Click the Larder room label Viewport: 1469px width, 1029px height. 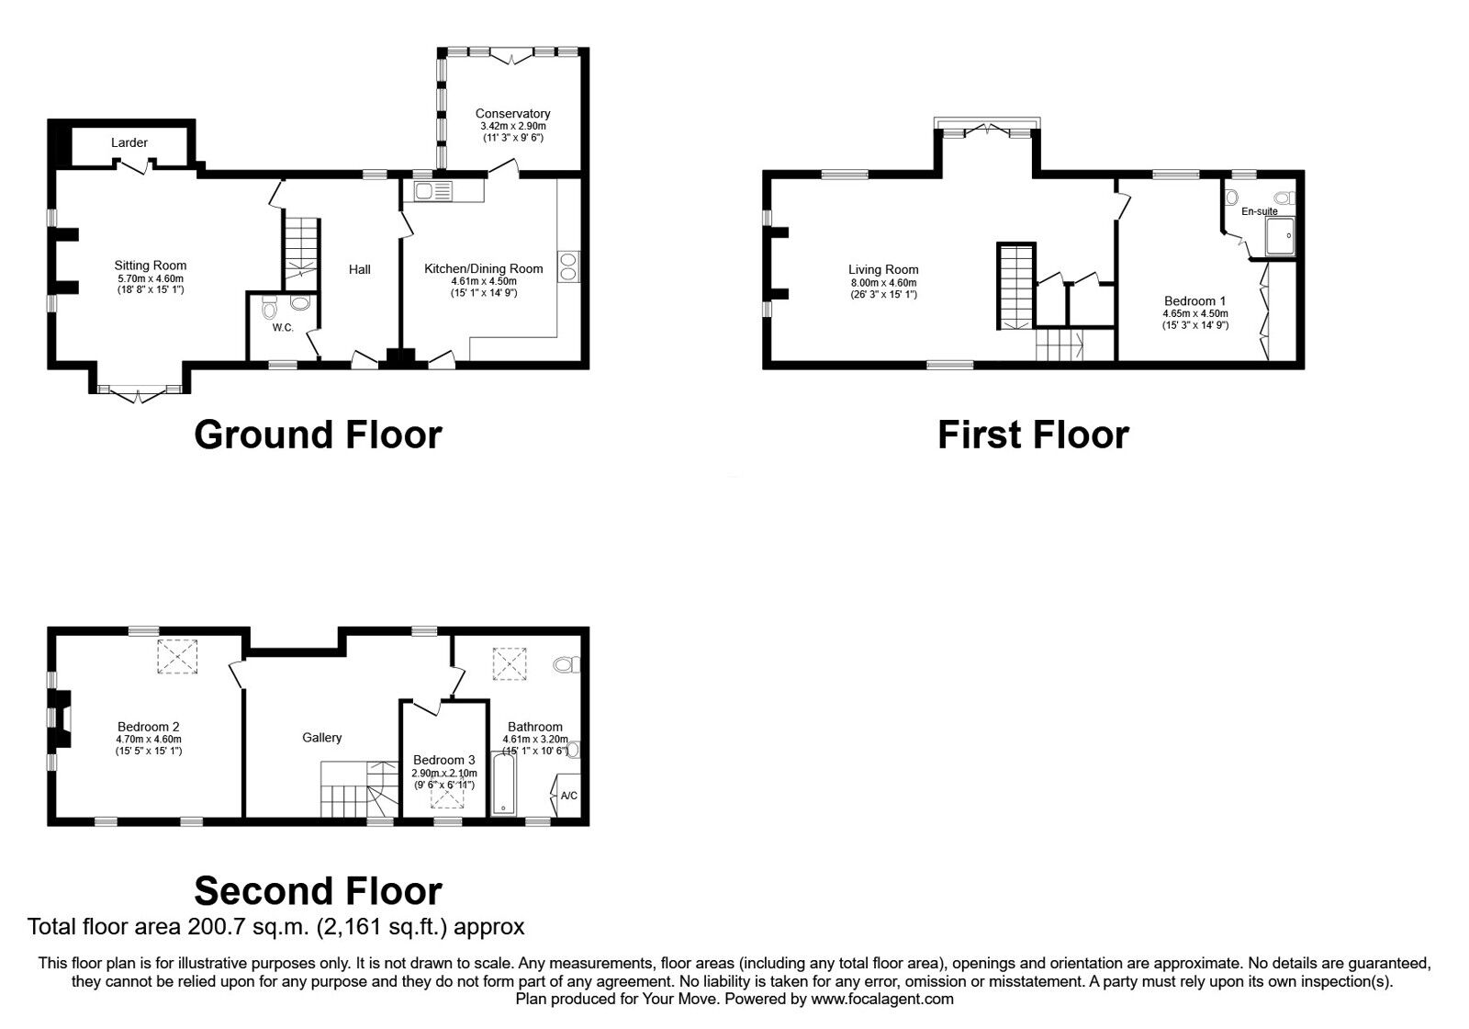pos(129,142)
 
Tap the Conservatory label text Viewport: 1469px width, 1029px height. pos(512,114)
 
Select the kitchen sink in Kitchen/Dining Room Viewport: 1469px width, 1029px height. pos(432,191)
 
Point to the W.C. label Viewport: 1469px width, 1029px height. pos(283,328)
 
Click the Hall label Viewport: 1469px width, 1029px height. pos(360,269)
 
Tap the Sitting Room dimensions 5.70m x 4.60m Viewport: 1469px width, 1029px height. pos(150,278)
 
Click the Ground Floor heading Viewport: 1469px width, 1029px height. pos(318,435)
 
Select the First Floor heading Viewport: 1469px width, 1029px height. pos(1033,435)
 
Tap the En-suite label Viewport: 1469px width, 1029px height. pos(1259,211)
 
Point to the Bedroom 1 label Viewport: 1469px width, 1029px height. pos(1194,301)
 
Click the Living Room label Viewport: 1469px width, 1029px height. pos(883,270)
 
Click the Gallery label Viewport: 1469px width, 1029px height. pos(322,738)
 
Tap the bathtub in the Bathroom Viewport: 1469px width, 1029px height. pos(503,784)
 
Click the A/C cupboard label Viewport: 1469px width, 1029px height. pos(568,796)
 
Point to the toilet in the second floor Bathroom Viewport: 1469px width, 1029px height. pos(566,663)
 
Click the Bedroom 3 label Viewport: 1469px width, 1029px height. pos(443,761)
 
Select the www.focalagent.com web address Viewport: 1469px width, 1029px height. pos(881,999)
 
